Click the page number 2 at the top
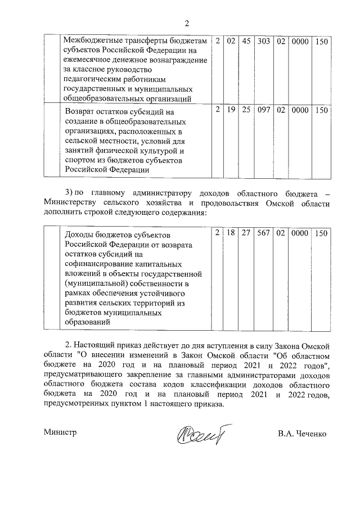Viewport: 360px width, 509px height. point(187,23)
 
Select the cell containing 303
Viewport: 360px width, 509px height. point(263,41)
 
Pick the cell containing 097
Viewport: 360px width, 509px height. point(263,111)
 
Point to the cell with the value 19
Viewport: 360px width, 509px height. point(231,111)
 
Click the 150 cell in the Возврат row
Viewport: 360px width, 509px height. point(321,111)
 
